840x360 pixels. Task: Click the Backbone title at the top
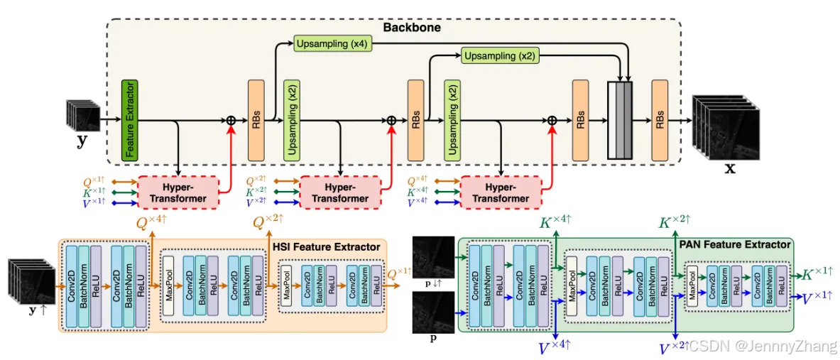coord(412,28)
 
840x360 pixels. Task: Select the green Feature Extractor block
coord(129,119)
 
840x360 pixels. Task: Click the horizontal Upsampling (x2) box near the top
coord(498,55)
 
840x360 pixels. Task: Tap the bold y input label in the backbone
coord(82,141)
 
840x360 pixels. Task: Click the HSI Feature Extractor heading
coord(327,246)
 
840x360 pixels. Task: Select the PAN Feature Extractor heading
coord(735,244)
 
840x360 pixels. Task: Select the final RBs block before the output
coord(660,121)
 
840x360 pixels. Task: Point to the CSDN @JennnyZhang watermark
coord(763,347)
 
